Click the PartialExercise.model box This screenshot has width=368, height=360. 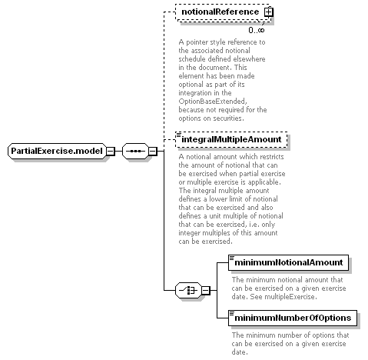(x=57, y=151)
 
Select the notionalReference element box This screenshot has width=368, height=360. (x=223, y=12)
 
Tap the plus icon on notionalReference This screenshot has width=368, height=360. (x=269, y=12)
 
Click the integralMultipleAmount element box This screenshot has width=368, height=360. (x=231, y=140)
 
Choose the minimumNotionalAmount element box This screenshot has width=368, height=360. (x=288, y=262)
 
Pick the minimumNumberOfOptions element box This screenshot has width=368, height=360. (x=293, y=318)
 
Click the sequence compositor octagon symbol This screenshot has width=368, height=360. (x=135, y=151)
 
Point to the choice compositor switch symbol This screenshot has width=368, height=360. (x=188, y=291)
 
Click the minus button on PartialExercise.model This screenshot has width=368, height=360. (x=111, y=151)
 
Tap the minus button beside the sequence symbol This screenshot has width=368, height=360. (x=152, y=151)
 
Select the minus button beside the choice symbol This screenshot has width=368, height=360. (x=206, y=291)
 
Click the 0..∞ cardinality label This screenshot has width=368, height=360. (x=257, y=30)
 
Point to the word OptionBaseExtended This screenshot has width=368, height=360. (x=213, y=102)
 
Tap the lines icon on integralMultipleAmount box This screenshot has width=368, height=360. (x=179, y=135)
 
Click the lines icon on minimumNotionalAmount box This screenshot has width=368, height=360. (x=232, y=258)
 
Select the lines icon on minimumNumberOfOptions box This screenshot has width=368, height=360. (x=232, y=313)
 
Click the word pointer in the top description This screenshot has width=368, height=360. (x=196, y=42)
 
